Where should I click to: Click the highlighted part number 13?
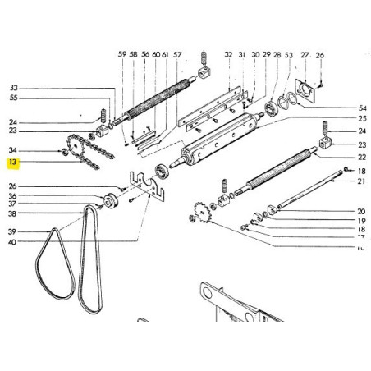coord(12,163)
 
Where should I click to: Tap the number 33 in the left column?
coord(12,88)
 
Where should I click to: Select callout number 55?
coord(12,98)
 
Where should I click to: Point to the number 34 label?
coord(12,151)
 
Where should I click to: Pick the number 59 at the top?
coord(122,54)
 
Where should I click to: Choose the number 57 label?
coord(177,54)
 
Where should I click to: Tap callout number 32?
coord(229,54)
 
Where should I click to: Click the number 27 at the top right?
coord(305,54)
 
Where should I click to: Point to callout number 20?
coord(362,211)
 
